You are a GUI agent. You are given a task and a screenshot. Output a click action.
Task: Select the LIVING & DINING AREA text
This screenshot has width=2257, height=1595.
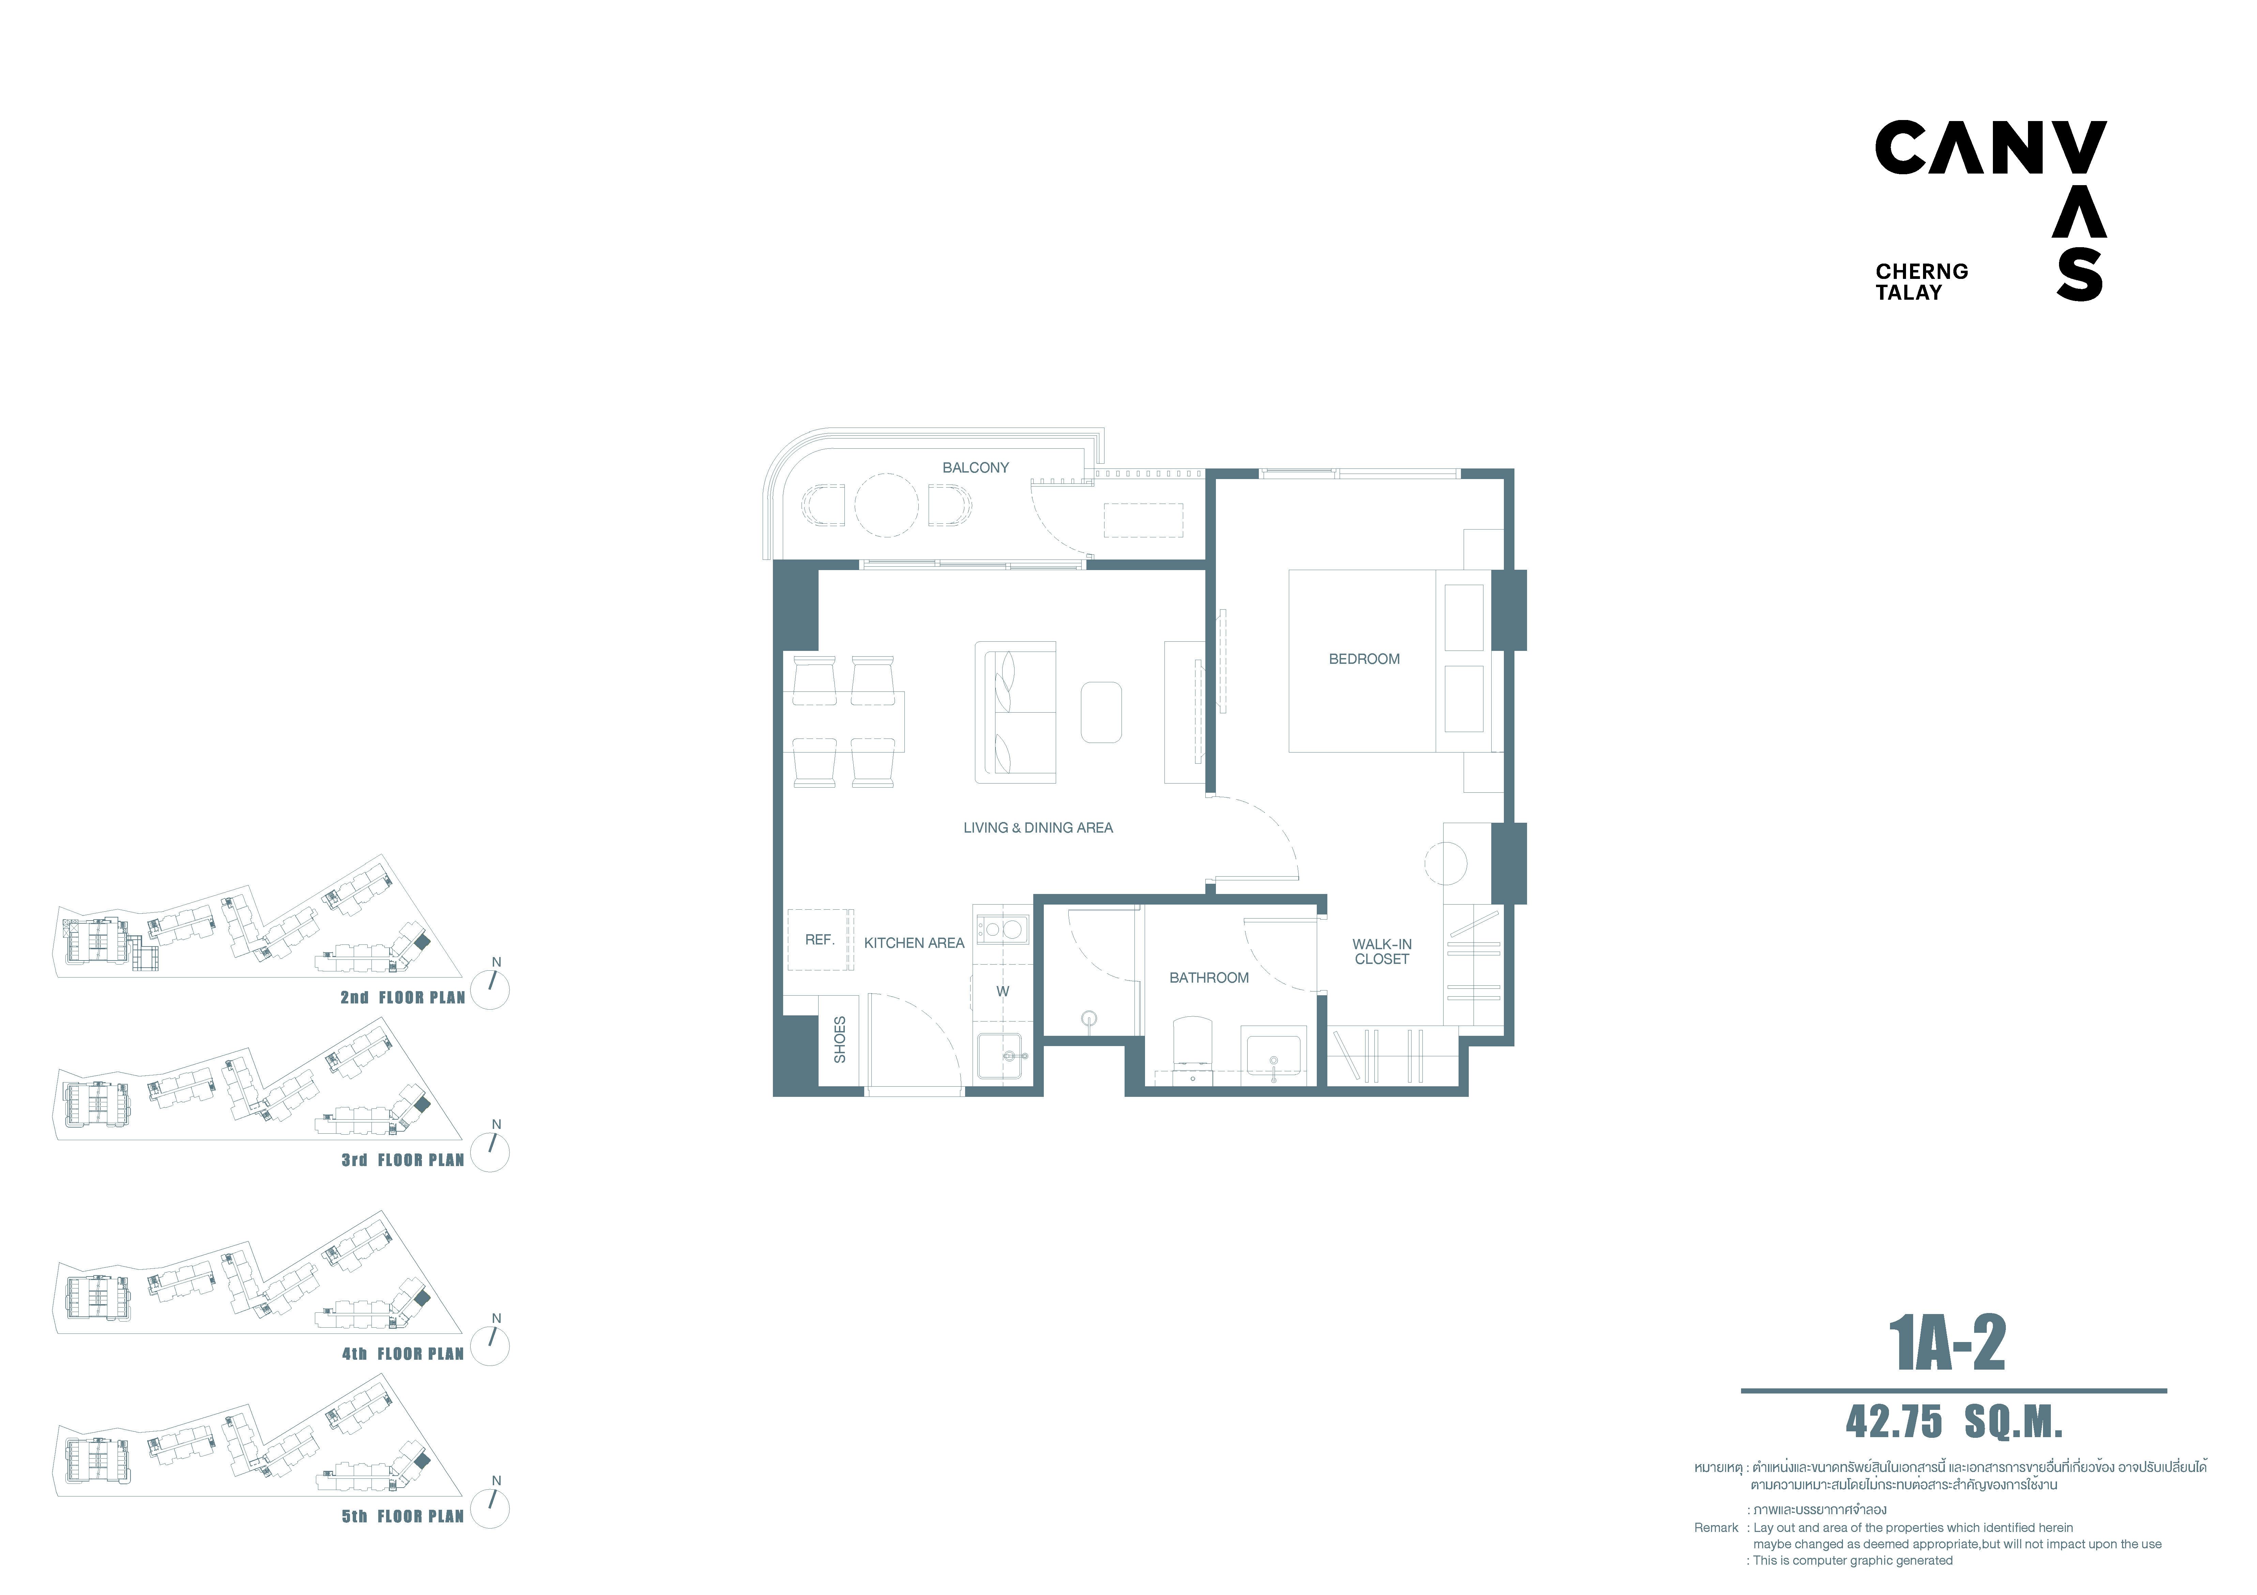pos(1038,828)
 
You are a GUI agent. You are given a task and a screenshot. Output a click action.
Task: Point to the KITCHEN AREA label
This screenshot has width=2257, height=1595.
pos(914,943)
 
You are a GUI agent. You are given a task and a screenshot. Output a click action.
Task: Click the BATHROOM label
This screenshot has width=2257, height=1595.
pos(1209,978)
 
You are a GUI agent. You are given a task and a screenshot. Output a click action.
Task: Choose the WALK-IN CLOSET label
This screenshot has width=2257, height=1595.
pos(1382,952)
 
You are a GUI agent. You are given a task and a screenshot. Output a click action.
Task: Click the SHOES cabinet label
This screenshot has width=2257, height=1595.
pos(839,1040)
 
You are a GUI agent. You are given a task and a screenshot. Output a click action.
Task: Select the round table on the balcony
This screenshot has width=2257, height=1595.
pos(887,505)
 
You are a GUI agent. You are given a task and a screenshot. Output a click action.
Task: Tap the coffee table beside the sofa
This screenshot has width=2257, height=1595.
pos(1101,712)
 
